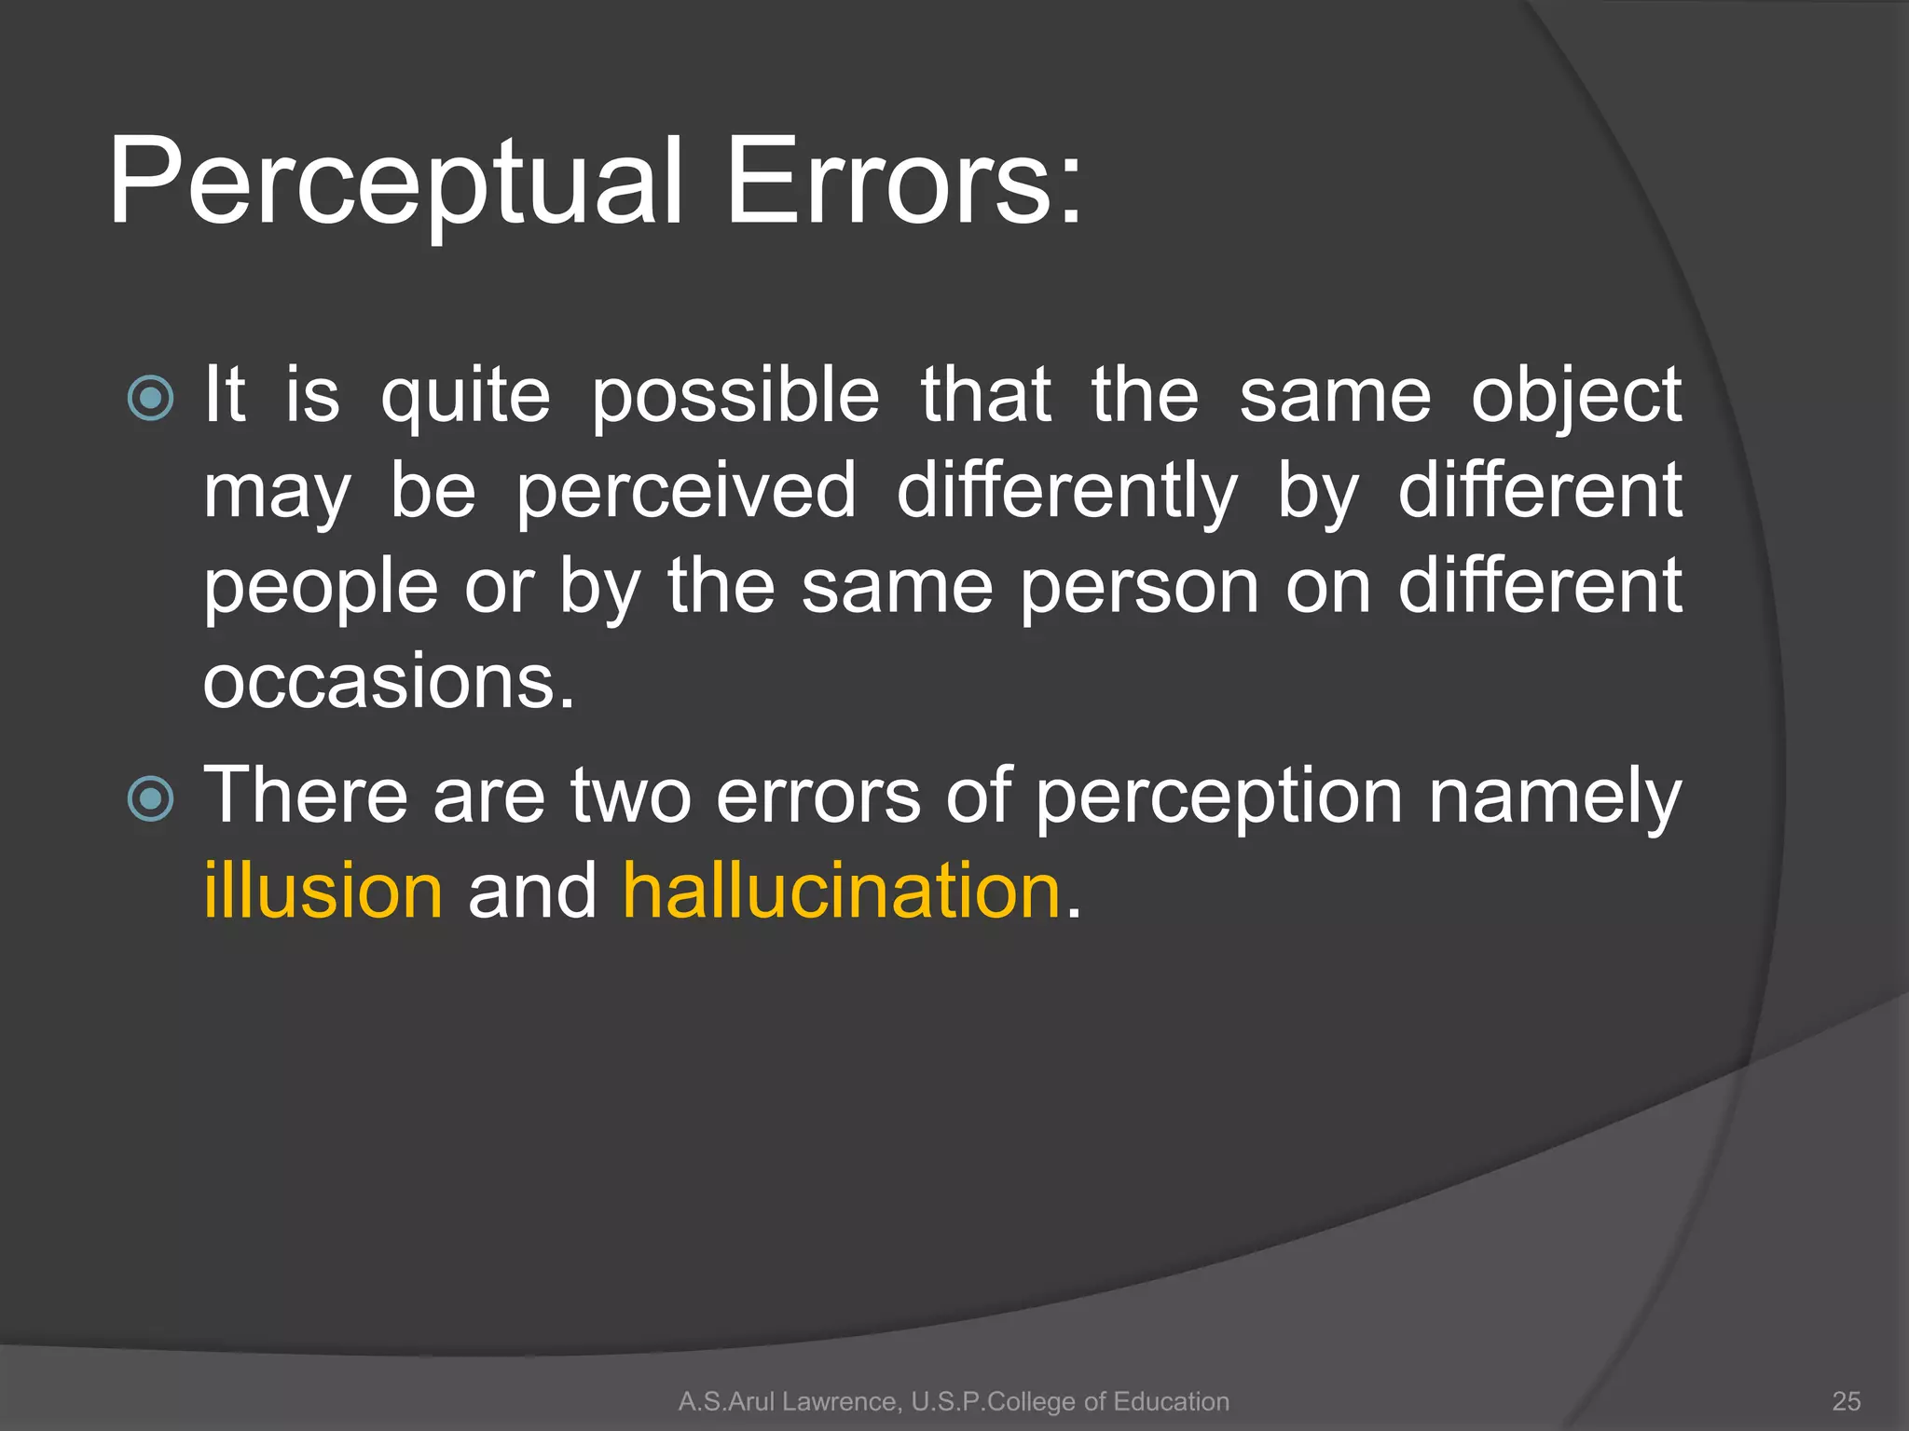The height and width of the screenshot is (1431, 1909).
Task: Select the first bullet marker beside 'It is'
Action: pos(150,399)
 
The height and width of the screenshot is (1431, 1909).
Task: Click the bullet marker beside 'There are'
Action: pos(150,798)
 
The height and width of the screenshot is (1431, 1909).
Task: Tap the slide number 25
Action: pos(1846,1401)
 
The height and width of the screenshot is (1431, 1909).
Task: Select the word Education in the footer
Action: pos(1171,1401)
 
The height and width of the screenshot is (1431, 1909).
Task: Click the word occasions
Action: pos(389,681)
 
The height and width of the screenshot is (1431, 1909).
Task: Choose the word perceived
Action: pos(685,491)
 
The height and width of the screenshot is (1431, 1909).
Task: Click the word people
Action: pos(321,589)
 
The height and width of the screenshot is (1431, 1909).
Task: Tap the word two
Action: pos(630,797)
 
